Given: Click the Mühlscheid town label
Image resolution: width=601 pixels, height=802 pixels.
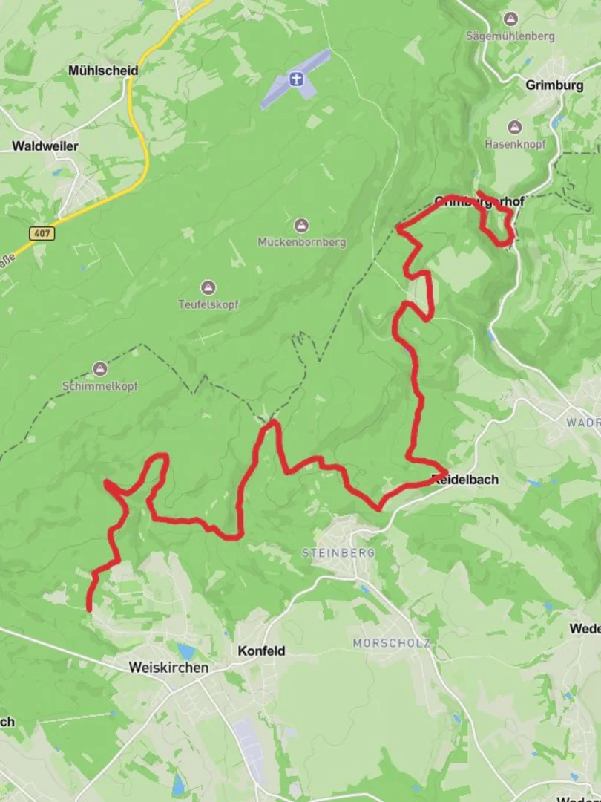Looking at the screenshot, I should (x=103, y=71).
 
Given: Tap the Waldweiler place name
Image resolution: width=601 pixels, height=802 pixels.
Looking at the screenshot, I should (x=45, y=146).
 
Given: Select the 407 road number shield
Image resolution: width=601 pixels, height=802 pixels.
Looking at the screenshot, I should (x=42, y=233).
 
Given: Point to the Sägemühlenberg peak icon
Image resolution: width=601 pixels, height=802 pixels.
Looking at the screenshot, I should (x=510, y=19).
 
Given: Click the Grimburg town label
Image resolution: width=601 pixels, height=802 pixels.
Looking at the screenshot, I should (x=554, y=85).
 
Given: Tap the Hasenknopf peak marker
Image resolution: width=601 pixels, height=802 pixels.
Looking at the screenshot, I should (x=514, y=128).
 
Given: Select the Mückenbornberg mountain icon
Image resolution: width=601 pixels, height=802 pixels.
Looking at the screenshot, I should (x=301, y=225).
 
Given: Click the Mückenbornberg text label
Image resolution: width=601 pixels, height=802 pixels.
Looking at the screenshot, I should (x=301, y=242).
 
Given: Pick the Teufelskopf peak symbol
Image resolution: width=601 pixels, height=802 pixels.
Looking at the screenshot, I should (x=208, y=287).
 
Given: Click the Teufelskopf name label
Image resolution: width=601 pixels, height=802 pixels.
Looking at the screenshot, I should (x=208, y=304).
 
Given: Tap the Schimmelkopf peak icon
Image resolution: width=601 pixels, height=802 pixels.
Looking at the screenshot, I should (x=99, y=368).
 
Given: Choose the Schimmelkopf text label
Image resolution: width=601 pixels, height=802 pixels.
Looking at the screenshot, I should (x=99, y=385).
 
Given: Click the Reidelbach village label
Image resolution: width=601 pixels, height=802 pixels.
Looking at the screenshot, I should (x=464, y=480).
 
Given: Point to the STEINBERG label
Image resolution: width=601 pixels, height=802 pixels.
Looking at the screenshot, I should (x=338, y=553).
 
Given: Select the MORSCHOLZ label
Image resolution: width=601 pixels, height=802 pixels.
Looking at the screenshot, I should (x=391, y=643).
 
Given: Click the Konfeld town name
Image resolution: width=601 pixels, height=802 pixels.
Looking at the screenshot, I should (x=261, y=651).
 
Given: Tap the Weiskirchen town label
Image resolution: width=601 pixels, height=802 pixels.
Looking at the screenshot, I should (x=168, y=668).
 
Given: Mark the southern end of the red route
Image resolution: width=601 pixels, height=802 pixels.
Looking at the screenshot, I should (x=89, y=610).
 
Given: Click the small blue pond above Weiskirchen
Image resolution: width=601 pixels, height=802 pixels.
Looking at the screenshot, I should (x=186, y=652).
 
